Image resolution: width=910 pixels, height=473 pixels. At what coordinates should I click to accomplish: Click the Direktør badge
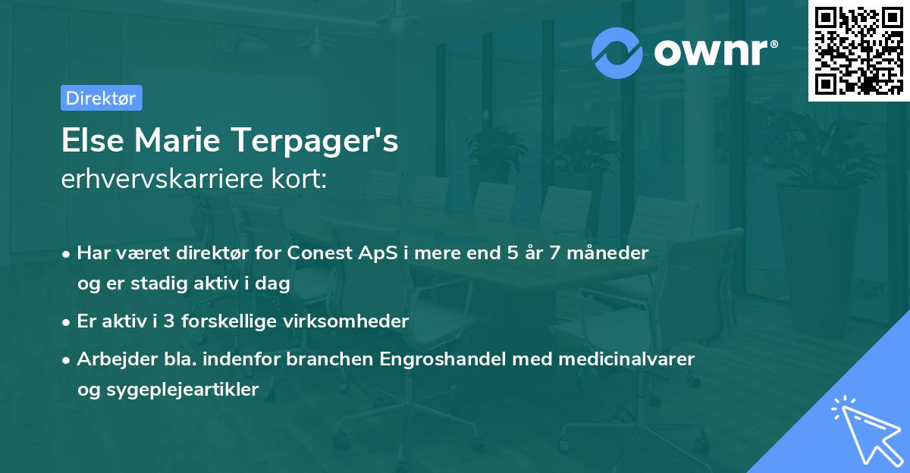click(x=101, y=98)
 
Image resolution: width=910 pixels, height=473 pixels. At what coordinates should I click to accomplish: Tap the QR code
click(x=859, y=51)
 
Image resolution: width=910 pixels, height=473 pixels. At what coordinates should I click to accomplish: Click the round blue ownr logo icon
click(x=617, y=52)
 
